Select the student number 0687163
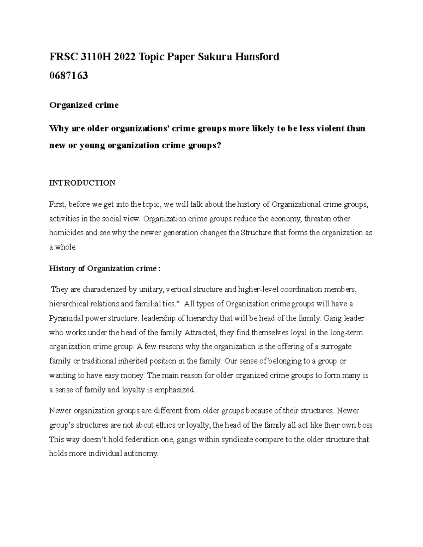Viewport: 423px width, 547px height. pos(68,75)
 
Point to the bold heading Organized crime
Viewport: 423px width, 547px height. pos(84,105)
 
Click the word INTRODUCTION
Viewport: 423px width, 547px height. pos(82,183)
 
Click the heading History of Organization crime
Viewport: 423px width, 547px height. pos(104,269)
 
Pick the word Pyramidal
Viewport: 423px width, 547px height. pos(64,318)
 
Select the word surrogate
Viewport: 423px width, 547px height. pos(336,347)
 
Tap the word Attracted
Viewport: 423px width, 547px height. pos(202,332)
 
